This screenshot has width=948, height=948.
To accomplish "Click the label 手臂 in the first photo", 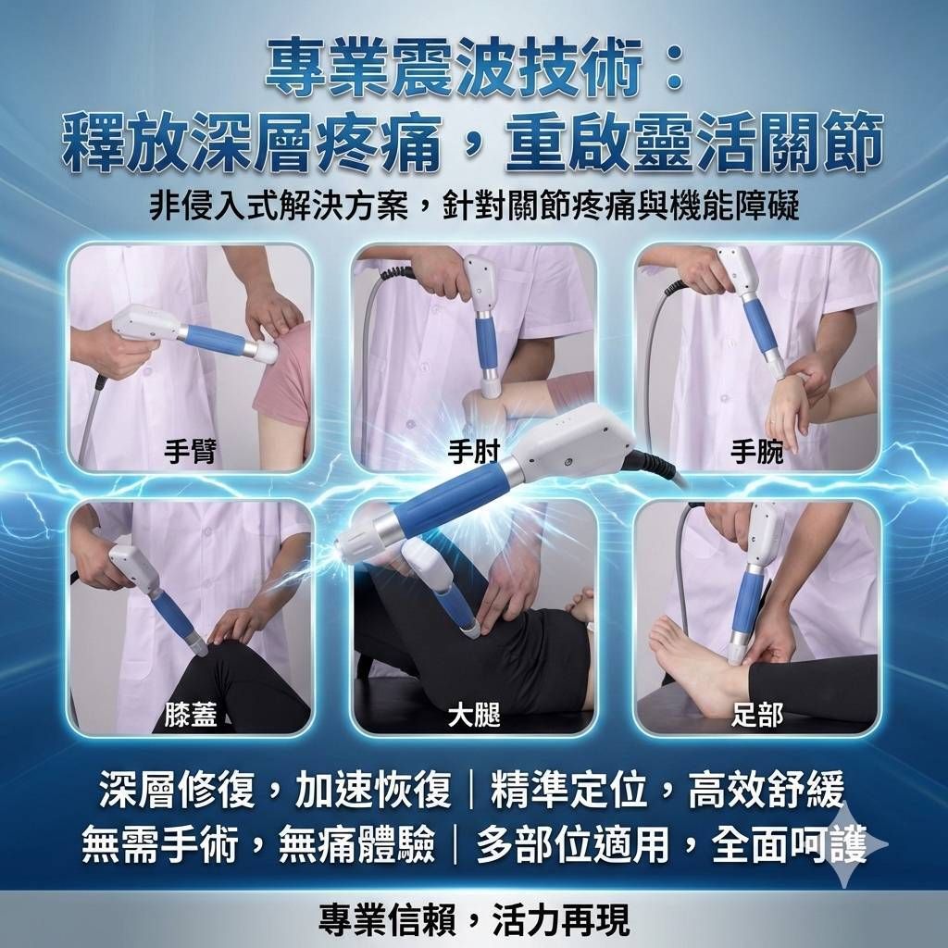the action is pos(190,452).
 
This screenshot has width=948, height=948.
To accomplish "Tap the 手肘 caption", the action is pos(474,452).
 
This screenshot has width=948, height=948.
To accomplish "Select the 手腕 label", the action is pos(757,452).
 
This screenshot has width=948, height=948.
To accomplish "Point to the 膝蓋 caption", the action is pos(191,716).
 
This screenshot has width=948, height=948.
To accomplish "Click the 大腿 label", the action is pos(474,716).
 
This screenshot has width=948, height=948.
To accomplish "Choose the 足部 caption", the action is pos(757,716).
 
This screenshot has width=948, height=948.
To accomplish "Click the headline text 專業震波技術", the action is pos(454,69).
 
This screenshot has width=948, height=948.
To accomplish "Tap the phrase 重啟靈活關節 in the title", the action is pos(694,143).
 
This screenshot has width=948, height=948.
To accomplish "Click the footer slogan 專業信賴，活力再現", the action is pos(474,919).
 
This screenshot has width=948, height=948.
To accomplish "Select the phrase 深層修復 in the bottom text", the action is pos(177,790).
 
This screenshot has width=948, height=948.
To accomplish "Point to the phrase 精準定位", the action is pos(569,790).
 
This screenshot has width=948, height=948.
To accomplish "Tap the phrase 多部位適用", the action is pos(572,844).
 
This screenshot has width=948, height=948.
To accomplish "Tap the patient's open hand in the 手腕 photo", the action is pos(787,411).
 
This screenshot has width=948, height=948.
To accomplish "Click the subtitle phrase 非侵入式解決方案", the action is pos(278,206).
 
